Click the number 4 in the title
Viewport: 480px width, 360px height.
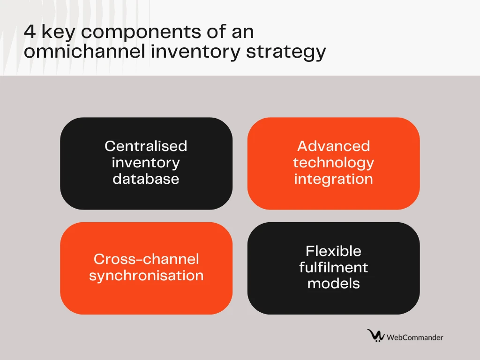pyautogui.click(x=30, y=31)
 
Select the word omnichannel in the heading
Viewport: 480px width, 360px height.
pyautogui.click(x=84, y=51)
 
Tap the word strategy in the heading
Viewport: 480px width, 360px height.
pyautogui.click(x=286, y=52)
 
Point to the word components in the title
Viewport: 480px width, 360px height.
pyautogui.click(x=141, y=32)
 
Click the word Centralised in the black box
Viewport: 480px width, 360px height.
pyautogui.click(x=146, y=146)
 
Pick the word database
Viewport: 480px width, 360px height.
pyautogui.click(x=146, y=179)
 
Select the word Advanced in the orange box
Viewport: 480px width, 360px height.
pyautogui.click(x=333, y=146)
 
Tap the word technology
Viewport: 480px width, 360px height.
pyautogui.click(x=333, y=163)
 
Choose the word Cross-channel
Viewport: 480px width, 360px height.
pyautogui.click(x=146, y=259)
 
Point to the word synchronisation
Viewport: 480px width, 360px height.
pyautogui.click(x=146, y=276)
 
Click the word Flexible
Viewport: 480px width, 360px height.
pyautogui.click(x=333, y=251)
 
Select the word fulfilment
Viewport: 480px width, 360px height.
pyautogui.click(x=333, y=267)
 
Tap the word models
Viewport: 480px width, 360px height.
pyautogui.click(x=333, y=284)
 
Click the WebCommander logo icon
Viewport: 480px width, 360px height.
pyautogui.click(x=376, y=336)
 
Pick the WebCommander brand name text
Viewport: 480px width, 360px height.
pyautogui.click(x=415, y=337)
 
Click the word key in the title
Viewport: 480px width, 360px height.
pyautogui.click(x=58, y=32)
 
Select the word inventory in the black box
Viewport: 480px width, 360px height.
pyautogui.click(x=146, y=163)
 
